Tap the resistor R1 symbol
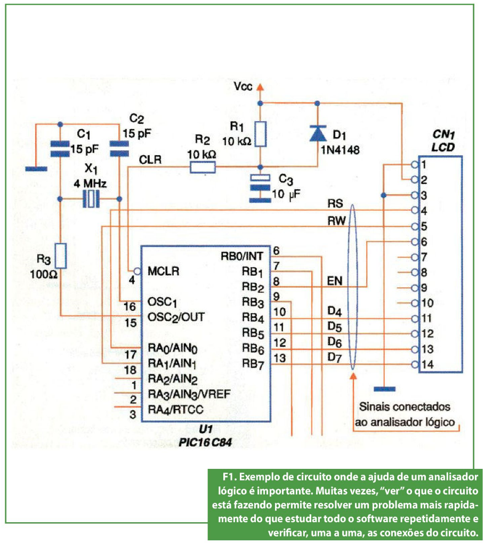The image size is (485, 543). pyautogui.click(x=260, y=134)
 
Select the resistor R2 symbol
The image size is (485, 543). pyautogui.click(x=203, y=167)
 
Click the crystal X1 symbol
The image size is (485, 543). pyautogui.click(x=92, y=199)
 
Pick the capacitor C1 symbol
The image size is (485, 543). pyautogui.click(x=60, y=149)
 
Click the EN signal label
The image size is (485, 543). pyautogui.click(x=334, y=281)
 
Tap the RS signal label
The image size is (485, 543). pyautogui.click(x=335, y=204)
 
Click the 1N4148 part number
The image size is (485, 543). pyautogui.click(x=339, y=150)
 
